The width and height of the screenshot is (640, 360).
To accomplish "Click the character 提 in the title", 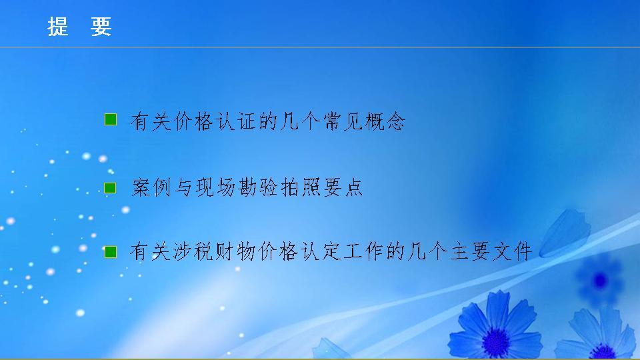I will tap(58, 26).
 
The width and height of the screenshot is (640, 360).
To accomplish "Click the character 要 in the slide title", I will tap(101, 26).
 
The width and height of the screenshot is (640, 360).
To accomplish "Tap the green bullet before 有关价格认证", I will tap(111, 120).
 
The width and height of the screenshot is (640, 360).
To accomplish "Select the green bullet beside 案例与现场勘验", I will tap(111, 189).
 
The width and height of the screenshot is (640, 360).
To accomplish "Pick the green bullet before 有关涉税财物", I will tap(111, 252).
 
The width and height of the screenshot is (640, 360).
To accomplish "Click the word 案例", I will tap(151, 189).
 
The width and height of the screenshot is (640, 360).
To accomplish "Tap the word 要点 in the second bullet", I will tap(343, 189).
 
